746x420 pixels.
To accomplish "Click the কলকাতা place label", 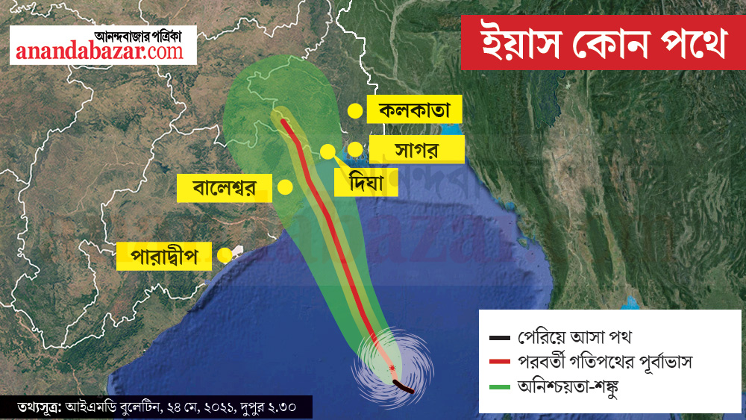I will click(x=415, y=111).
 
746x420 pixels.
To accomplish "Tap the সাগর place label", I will click(x=417, y=149).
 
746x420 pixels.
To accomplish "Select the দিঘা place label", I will click(x=366, y=181).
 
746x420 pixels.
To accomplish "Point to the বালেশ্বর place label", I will click(x=224, y=188).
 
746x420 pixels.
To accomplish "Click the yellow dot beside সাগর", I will click(x=355, y=149).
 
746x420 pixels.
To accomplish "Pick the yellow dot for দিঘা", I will click(x=327, y=151).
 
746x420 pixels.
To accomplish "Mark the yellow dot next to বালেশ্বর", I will click(x=284, y=187).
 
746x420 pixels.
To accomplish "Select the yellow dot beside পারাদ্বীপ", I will click(x=224, y=256).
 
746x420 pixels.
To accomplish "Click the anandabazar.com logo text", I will click(x=99, y=52).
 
